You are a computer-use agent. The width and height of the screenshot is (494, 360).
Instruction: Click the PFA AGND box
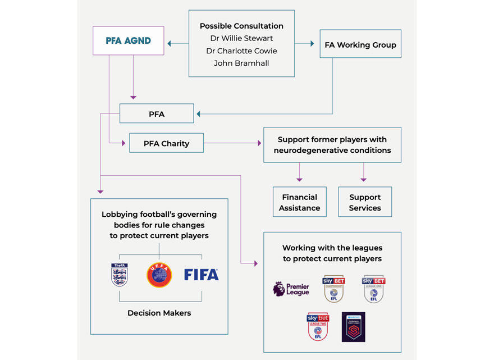[x=129, y=41]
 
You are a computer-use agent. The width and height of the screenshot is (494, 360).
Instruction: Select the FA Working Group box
[x=360, y=44]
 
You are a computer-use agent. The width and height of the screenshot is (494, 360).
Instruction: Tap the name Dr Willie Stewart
[x=241, y=39]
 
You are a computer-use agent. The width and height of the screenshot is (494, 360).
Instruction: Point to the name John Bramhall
[x=241, y=63]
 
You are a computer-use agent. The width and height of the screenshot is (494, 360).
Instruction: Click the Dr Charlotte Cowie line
[x=241, y=51]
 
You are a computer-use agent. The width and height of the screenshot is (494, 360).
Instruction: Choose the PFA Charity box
[x=166, y=143]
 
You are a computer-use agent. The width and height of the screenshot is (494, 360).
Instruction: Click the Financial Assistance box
[x=300, y=202]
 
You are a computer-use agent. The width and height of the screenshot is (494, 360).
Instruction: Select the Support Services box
[x=365, y=202]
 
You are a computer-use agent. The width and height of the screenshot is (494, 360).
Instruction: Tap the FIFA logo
[x=201, y=275]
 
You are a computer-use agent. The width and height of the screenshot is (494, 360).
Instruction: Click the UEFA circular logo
[x=159, y=275]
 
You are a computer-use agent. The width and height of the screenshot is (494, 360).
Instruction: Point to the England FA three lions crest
[x=120, y=275]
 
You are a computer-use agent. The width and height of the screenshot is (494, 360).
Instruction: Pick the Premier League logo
[x=291, y=289]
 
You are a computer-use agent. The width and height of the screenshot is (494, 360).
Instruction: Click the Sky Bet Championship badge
[x=333, y=289]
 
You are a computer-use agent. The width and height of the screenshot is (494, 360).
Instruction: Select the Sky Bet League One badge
[x=373, y=289]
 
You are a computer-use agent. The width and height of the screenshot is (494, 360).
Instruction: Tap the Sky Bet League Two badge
[x=318, y=327]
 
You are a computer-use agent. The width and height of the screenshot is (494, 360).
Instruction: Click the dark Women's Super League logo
[x=354, y=327]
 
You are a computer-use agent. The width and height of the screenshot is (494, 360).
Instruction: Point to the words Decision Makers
[x=159, y=313]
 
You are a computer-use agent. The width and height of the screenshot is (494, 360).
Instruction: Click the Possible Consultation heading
[x=241, y=26]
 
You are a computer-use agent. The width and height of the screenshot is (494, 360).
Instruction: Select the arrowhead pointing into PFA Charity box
[x=124, y=143]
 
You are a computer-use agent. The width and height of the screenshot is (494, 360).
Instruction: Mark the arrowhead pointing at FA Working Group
[x=312, y=43]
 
